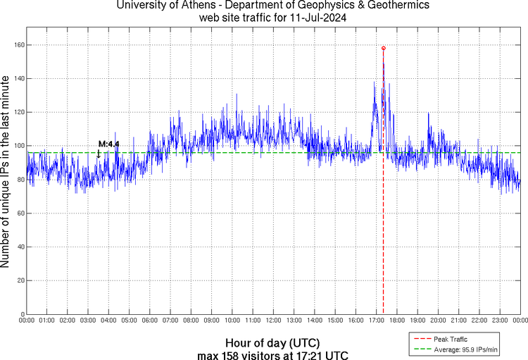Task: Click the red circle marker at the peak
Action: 383,48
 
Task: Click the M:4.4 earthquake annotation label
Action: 109,144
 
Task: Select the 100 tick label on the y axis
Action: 18,146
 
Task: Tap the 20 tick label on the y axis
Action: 20,280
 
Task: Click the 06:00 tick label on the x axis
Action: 150,321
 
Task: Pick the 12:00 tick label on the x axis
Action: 273,321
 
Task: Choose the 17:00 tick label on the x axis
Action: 376,321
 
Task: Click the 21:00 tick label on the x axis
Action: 458,321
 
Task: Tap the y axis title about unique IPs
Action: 6,173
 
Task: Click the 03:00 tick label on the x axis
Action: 88,321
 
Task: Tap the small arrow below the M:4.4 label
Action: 99,154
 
